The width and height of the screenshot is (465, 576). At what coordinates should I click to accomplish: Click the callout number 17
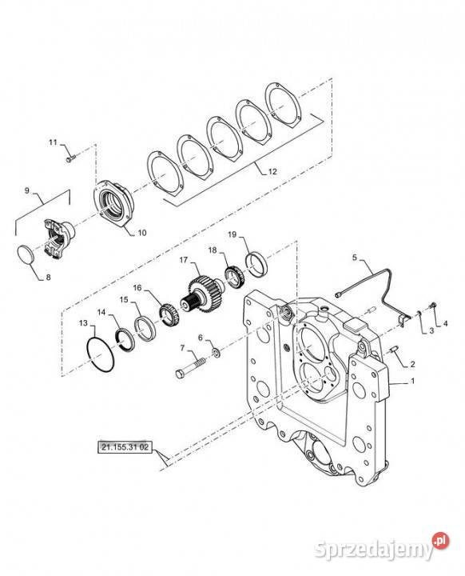coord(184,260)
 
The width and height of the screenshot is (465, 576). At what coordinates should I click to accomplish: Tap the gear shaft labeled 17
coord(201,294)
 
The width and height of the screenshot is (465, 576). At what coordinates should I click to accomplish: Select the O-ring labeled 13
coord(100,354)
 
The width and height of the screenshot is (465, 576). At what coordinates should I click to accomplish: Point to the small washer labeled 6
coord(216,354)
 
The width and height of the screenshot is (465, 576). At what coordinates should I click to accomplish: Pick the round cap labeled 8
coord(26,254)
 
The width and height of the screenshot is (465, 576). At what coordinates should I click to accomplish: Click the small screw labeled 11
coord(71,158)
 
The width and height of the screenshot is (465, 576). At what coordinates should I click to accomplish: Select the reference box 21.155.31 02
coord(125,447)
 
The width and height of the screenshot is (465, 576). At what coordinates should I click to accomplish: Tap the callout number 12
coord(272,171)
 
